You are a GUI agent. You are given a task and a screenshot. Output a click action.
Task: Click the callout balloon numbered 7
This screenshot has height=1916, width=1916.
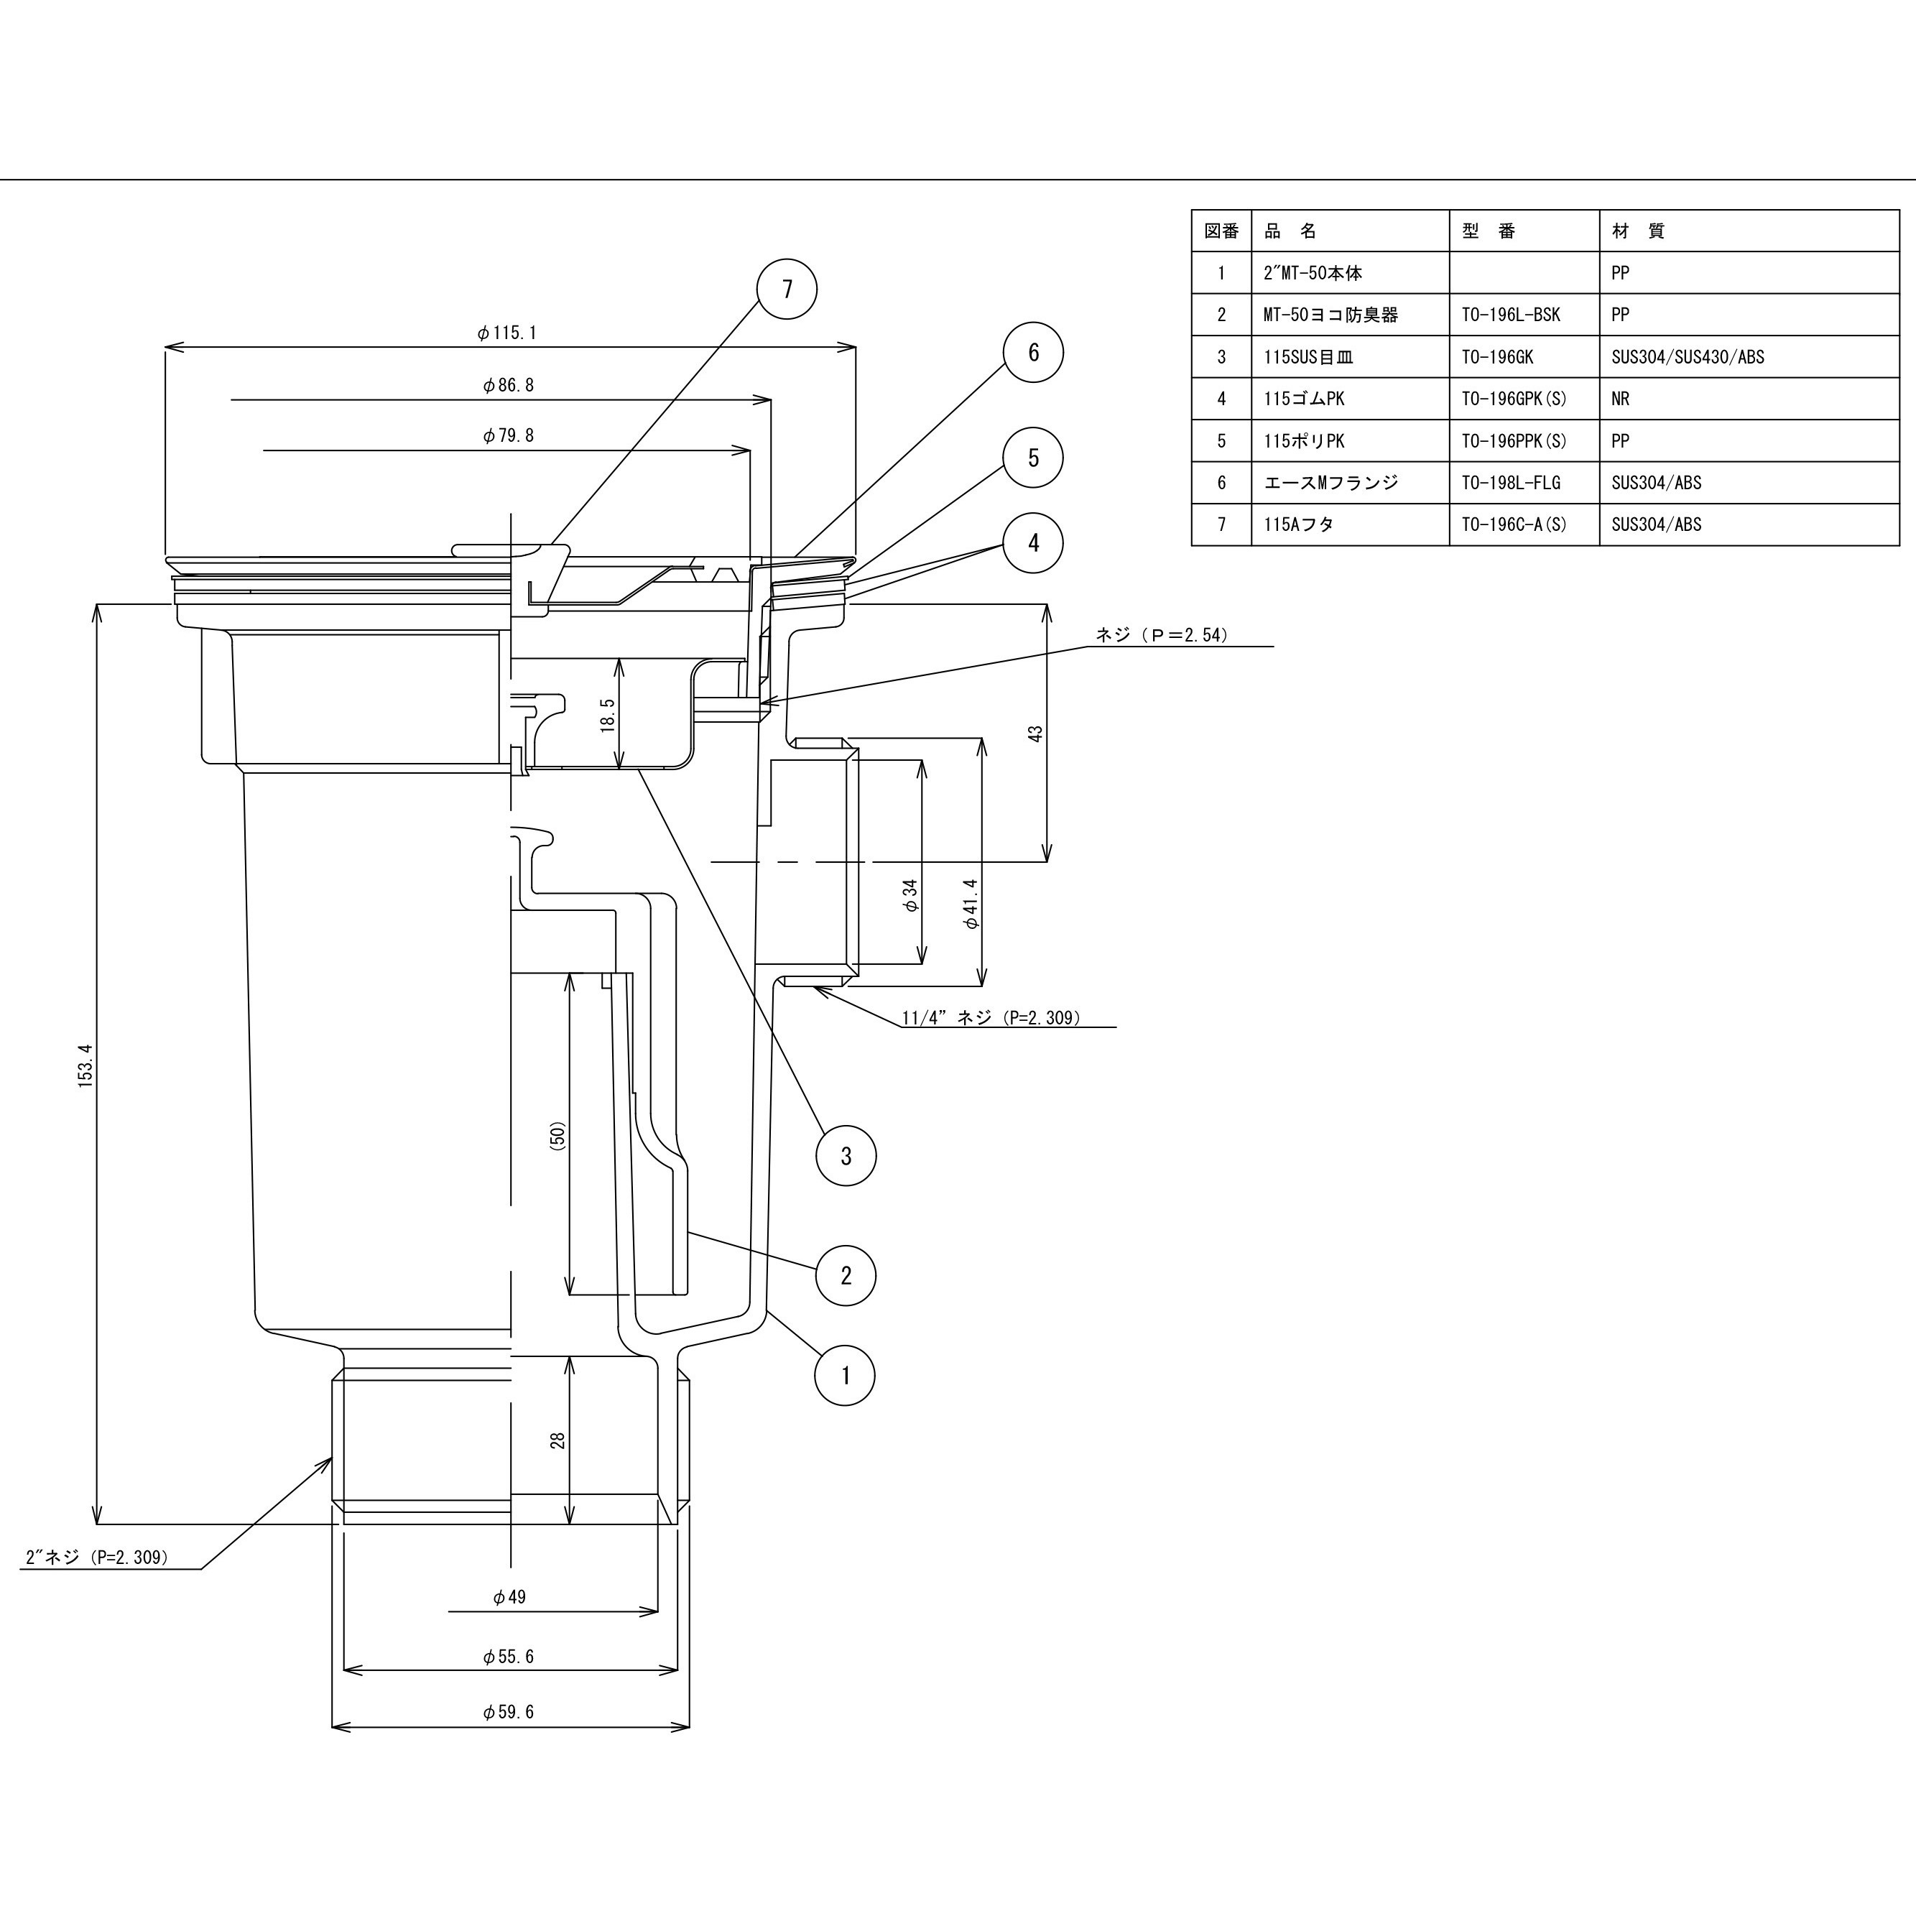tap(787, 290)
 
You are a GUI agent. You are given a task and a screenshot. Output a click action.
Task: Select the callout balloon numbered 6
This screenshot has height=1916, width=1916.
tap(1032, 352)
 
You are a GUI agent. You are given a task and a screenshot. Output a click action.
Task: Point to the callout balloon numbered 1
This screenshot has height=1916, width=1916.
tap(845, 1376)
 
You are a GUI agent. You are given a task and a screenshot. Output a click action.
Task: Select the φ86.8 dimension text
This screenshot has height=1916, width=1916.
tap(509, 386)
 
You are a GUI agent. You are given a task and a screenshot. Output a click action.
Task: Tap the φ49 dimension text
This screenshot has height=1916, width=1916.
tap(509, 1596)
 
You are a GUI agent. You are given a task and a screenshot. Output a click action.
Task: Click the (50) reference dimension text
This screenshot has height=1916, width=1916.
tap(557, 1136)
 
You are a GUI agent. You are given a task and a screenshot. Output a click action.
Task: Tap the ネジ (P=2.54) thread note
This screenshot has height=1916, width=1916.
tap(1161, 634)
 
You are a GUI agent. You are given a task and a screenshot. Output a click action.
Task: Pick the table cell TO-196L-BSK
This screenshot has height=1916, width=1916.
tap(1510, 315)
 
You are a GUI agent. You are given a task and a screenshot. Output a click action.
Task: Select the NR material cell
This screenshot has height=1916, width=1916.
tap(1621, 399)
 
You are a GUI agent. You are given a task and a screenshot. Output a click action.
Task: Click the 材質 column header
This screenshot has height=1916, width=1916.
tap(1638, 231)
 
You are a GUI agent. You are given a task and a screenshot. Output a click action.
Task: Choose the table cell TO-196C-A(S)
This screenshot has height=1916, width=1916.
tap(1514, 524)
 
